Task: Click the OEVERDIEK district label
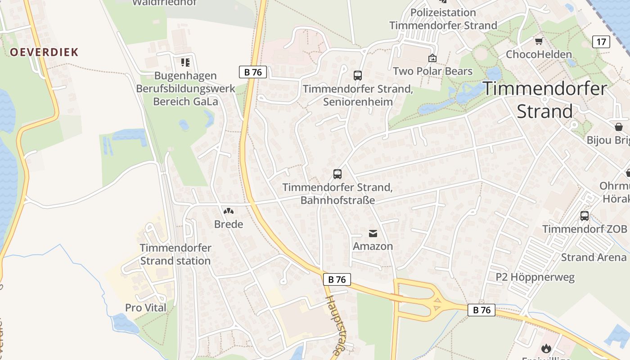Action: tap(44, 52)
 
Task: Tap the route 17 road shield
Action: tap(601, 42)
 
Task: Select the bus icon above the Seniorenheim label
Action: tap(358, 75)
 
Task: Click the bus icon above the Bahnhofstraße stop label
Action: tap(337, 174)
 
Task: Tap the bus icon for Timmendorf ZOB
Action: tap(585, 216)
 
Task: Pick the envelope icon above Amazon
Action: tap(373, 233)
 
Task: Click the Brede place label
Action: tap(229, 224)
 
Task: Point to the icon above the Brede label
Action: tap(229, 211)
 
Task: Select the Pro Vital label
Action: tap(146, 308)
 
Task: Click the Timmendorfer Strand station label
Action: tap(175, 254)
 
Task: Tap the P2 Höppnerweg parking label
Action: tap(535, 277)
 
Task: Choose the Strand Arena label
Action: tap(594, 257)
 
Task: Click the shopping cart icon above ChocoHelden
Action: tap(539, 41)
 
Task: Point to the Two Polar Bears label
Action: tap(432, 71)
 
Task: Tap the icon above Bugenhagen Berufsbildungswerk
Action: tap(185, 62)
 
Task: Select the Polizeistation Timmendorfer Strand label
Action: tap(443, 19)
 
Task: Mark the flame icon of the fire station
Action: tap(546, 348)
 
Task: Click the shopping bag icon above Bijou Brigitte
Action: tap(619, 126)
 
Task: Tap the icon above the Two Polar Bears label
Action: tap(432, 58)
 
